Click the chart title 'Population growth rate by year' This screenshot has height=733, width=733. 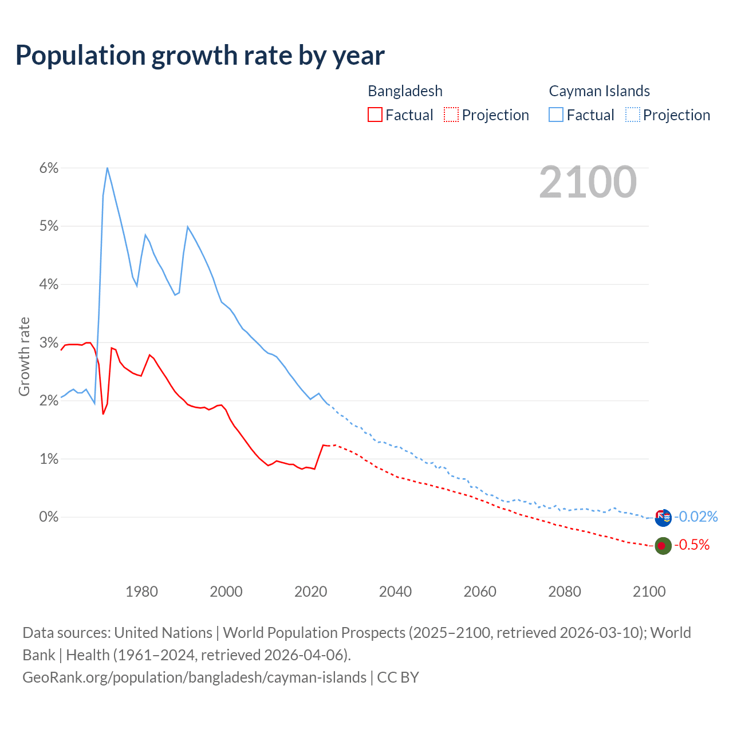pos(200,56)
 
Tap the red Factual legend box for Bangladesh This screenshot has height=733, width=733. pos(375,115)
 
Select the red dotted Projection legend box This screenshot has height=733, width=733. pos(451,115)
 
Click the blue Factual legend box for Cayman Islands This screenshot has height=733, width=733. pos(556,115)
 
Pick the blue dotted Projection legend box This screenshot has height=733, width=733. pos(632,115)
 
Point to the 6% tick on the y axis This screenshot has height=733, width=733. pos(49,168)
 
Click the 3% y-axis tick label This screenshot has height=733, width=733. pos(49,342)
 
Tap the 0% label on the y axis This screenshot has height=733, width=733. pos(49,517)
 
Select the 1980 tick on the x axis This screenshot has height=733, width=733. pos(141,592)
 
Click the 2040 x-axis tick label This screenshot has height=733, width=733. pos(395,592)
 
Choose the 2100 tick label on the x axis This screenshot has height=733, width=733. pos(649,592)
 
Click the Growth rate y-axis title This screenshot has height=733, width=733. pos(24,356)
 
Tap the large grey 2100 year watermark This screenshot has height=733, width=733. pos(588,182)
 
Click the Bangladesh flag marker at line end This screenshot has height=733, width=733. pos(663,546)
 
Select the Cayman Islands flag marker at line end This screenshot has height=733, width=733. pos(663,518)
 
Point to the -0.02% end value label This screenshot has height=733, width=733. pos(696,517)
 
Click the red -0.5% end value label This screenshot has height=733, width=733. pos(692,545)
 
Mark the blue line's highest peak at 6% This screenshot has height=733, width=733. pos(107,168)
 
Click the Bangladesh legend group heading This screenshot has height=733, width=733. pos(405,91)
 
